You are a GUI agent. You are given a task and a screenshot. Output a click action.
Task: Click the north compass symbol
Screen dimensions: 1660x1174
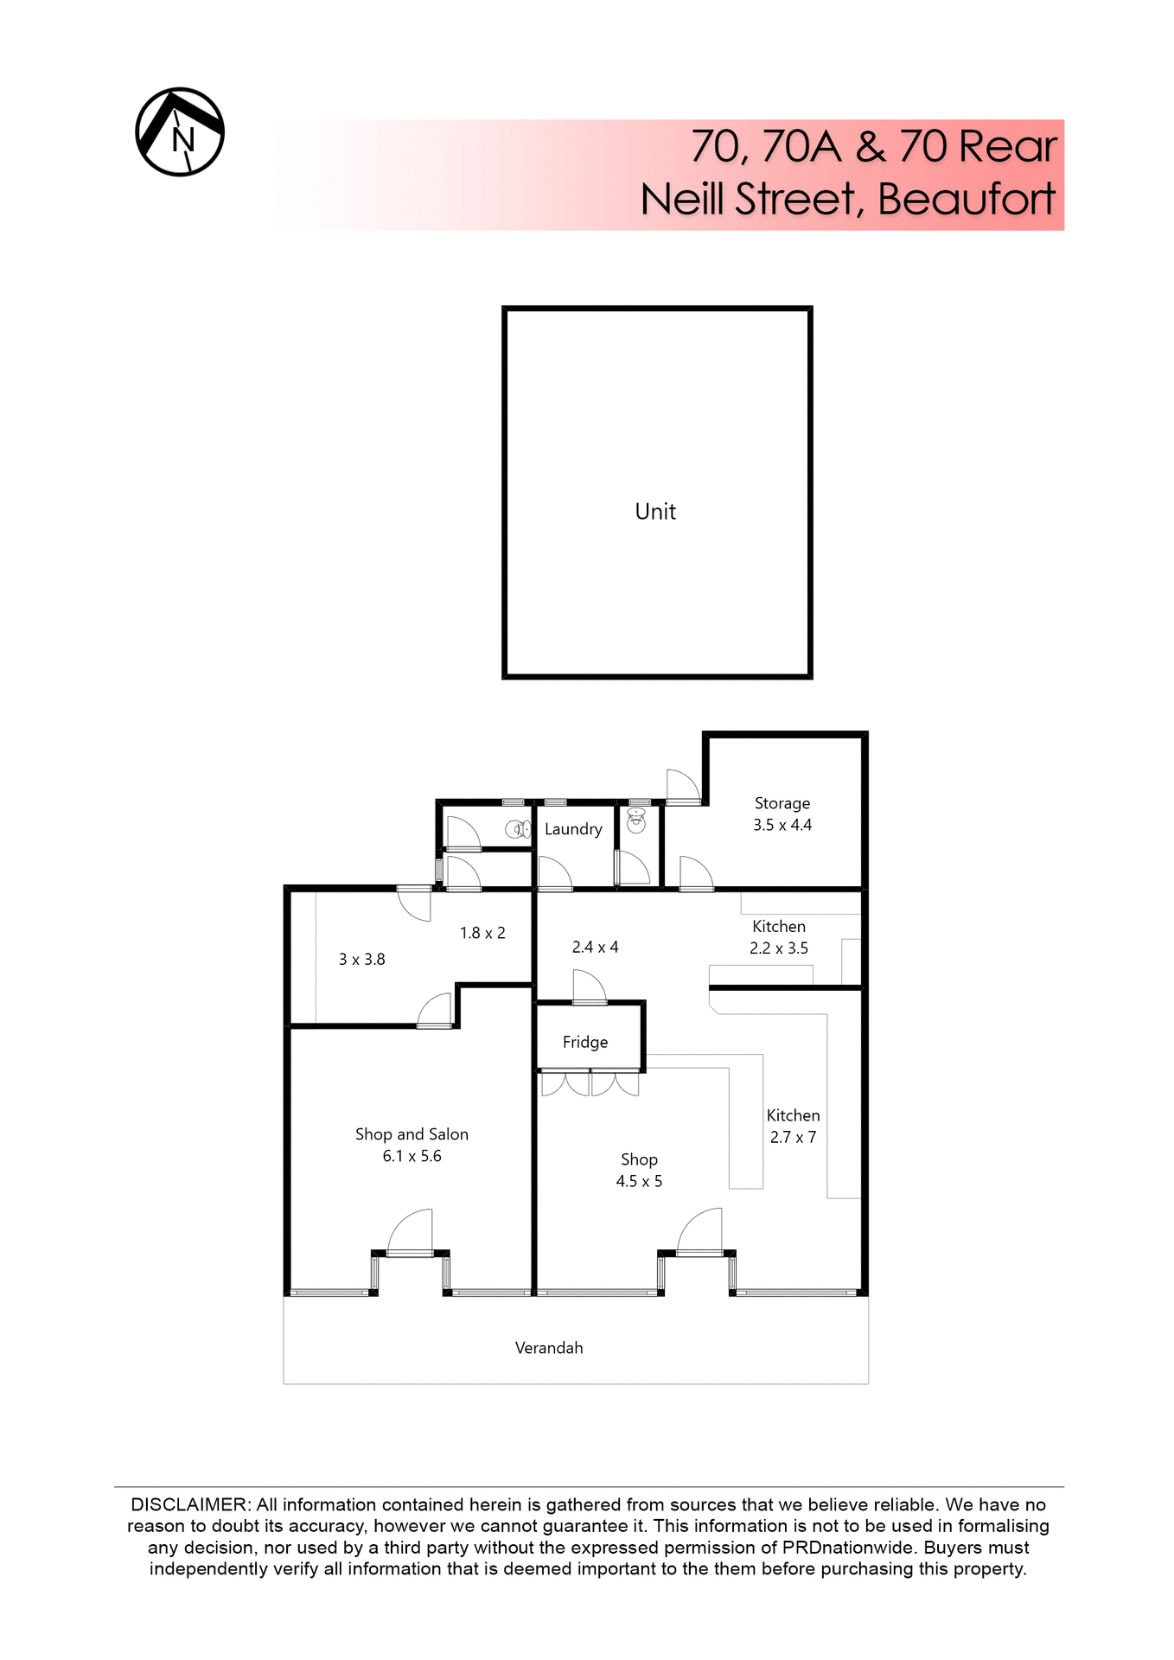click(x=180, y=132)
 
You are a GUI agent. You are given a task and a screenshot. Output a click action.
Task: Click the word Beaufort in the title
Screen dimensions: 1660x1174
click(x=966, y=200)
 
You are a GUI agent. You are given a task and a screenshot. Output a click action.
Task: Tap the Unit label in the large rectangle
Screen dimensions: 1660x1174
click(x=655, y=512)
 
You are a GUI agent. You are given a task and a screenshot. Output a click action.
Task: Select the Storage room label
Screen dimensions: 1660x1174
click(x=782, y=803)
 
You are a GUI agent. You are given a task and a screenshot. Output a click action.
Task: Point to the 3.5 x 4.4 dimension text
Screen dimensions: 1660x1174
click(x=782, y=825)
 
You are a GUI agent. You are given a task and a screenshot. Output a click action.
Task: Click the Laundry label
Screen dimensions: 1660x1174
click(x=573, y=829)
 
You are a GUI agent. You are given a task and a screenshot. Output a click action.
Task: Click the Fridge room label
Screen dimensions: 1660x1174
click(x=585, y=1042)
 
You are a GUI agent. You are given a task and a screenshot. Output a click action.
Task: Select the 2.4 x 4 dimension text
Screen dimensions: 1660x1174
click(x=595, y=947)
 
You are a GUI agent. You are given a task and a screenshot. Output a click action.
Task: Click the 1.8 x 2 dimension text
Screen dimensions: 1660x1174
click(x=482, y=933)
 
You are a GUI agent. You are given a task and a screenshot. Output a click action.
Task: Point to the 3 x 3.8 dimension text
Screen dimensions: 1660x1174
click(x=361, y=959)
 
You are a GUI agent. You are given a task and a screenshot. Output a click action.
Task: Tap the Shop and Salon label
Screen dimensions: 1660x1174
click(x=412, y=1134)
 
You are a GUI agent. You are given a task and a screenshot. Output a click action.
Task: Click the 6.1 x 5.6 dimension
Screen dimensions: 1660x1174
click(x=412, y=1156)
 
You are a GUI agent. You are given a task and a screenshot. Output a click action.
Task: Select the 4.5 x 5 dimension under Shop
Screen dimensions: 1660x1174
click(x=639, y=1181)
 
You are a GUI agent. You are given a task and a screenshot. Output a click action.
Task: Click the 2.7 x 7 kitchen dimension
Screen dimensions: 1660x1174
click(x=793, y=1137)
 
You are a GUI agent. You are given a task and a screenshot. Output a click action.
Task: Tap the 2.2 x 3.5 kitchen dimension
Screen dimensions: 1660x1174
click(x=778, y=948)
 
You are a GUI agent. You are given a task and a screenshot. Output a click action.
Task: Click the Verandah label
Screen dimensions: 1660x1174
click(x=549, y=1348)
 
